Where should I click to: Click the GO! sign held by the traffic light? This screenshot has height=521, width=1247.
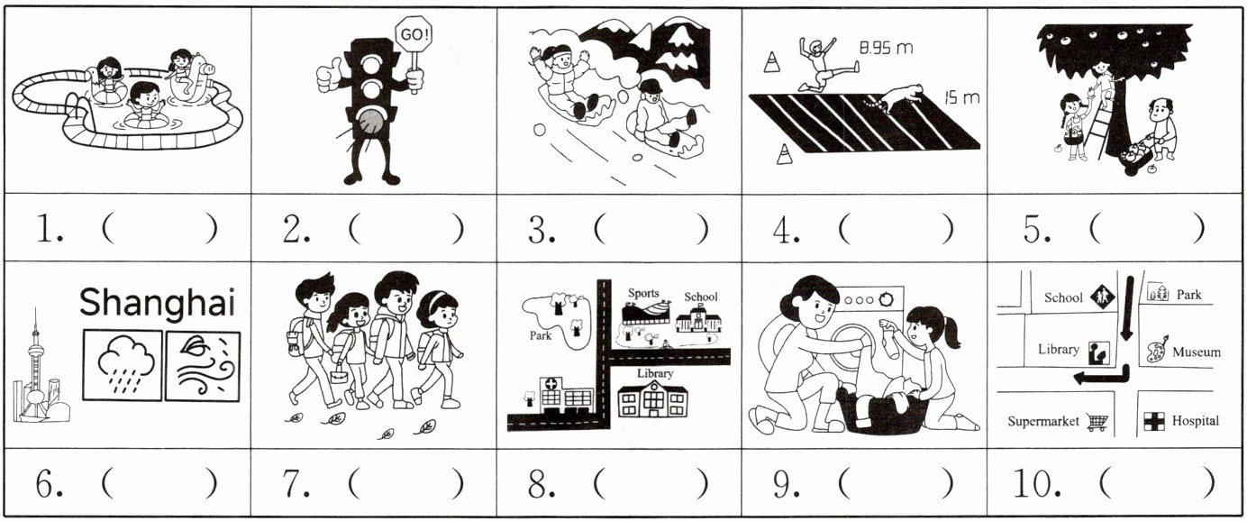coord(413,34)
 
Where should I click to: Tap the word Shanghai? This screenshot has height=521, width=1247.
coord(157,304)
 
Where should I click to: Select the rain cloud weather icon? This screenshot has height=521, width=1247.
coord(123,365)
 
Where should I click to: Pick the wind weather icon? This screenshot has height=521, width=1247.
coord(204,366)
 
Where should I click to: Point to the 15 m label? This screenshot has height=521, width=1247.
coord(962,97)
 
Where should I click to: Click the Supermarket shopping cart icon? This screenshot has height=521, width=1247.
coord(1097,423)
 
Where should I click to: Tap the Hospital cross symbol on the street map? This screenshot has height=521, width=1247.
coord(1154,421)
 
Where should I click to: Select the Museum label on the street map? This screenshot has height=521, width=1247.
coord(1197,352)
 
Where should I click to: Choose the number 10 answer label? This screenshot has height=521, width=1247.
coord(1036,483)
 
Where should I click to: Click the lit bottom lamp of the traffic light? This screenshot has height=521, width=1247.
coord(370,121)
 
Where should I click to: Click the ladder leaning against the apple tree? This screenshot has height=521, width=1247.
coord(1108,125)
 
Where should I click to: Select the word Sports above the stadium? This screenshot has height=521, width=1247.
coord(643,293)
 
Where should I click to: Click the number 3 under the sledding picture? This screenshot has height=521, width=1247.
coord(539,230)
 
